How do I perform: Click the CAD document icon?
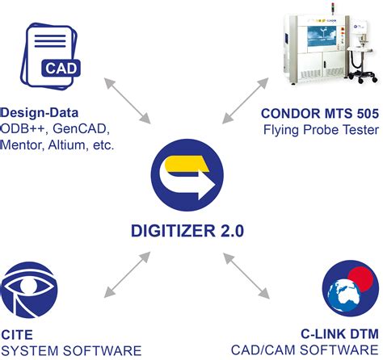point(53,54)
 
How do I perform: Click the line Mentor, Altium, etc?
point(58,146)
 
